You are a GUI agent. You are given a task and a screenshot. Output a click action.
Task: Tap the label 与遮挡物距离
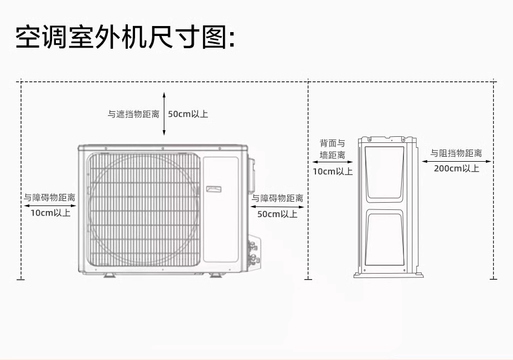133,115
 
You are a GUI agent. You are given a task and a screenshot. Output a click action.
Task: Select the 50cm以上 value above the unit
188,115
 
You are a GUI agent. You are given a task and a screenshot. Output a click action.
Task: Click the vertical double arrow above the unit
164,114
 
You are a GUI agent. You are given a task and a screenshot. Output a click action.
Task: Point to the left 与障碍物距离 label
49,197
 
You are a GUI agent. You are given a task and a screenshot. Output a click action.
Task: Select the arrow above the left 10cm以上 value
49,205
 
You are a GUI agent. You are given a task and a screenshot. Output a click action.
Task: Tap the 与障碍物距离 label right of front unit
277,198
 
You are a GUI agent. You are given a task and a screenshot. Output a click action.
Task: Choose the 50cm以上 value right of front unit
277,214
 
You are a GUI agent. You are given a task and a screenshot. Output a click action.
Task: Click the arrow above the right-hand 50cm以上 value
277,207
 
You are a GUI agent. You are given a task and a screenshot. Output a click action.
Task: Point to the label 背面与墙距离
333,150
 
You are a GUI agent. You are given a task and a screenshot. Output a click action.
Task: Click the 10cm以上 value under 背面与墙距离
333,172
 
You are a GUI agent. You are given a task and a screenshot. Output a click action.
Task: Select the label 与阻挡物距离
457,153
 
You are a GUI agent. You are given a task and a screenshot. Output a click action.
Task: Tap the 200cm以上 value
457,169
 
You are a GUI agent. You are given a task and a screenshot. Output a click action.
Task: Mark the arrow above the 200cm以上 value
457,161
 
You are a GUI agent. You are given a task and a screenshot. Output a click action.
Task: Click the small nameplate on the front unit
214,189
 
